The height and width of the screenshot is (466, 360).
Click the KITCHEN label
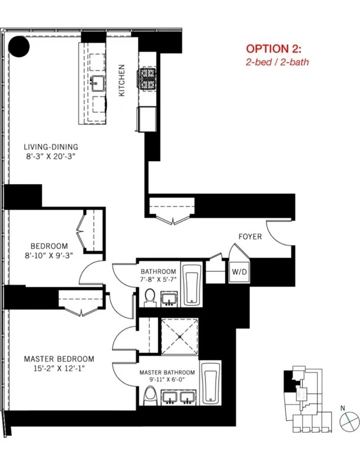[122, 80]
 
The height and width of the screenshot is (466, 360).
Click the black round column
[21, 46]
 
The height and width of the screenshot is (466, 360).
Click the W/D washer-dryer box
[239, 272]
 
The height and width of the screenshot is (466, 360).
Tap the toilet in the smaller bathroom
[150, 297]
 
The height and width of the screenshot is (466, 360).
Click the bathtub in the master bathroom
[211, 383]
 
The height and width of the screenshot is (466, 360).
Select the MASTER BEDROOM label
[59, 358]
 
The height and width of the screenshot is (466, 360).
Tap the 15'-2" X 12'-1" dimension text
[59, 369]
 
